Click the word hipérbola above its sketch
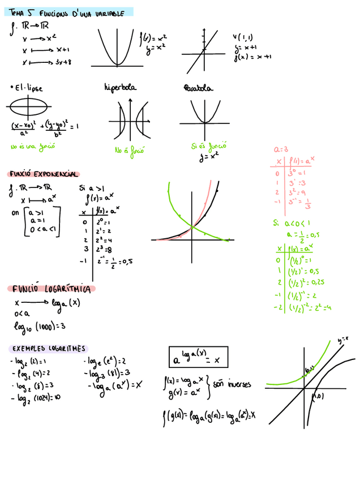pyautogui.click(x=121, y=88)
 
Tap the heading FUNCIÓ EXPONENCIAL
pyautogui.click(x=43, y=174)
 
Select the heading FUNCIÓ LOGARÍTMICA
pyautogui.click(x=54, y=289)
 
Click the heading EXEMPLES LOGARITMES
pyautogui.click(x=48, y=349)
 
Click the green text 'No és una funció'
pyautogui.click(x=28, y=147)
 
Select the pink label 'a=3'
pyautogui.click(x=281, y=149)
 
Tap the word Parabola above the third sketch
pyautogui.click(x=198, y=88)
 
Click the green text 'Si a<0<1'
pyautogui.click(x=290, y=222)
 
